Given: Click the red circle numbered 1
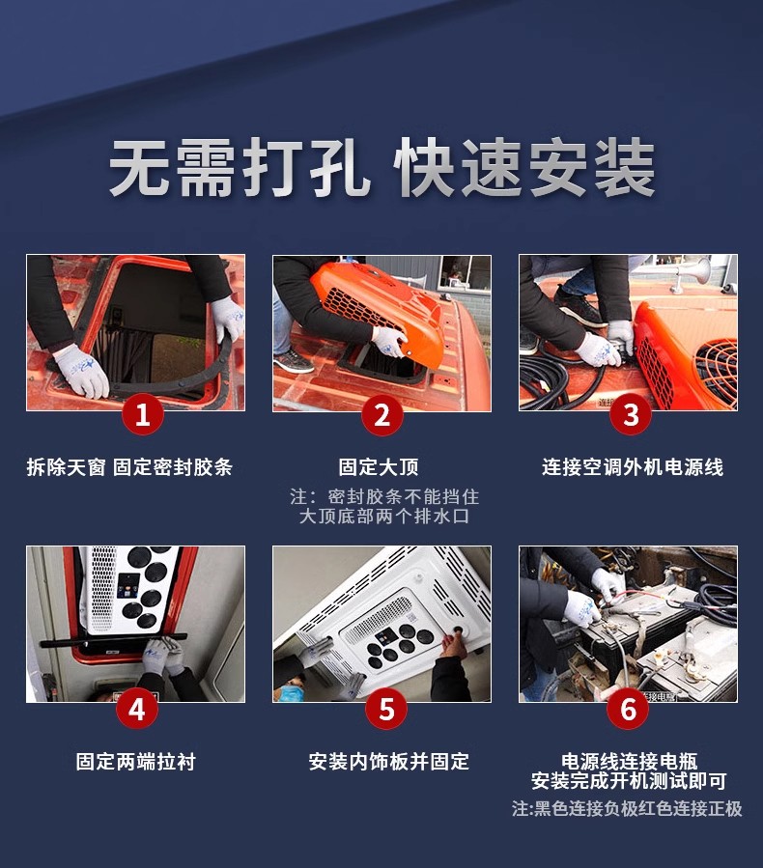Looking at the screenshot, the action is [x=142, y=414].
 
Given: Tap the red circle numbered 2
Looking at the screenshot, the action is [x=382, y=414].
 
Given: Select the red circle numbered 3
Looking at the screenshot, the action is [x=631, y=414].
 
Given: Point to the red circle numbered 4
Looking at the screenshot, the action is [x=137, y=709].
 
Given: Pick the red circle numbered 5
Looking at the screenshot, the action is [x=386, y=709].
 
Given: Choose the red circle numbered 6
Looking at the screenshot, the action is [x=628, y=709].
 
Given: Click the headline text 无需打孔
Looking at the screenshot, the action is [x=240, y=167].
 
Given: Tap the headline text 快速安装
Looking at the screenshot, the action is [x=524, y=167].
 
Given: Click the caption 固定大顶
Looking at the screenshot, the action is [x=379, y=467].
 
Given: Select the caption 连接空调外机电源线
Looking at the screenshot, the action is [x=633, y=467].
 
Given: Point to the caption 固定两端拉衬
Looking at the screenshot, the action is [x=136, y=762].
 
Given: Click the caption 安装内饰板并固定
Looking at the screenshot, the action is [x=388, y=762].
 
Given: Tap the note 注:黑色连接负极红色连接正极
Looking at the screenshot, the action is [x=627, y=809].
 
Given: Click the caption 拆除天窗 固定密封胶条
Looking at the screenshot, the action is [x=129, y=467].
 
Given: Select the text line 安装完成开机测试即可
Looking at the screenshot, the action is [x=629, y=781].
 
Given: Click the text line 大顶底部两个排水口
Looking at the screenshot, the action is [x=384, y=516].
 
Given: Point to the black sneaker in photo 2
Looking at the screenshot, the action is [x=294, y=362].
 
